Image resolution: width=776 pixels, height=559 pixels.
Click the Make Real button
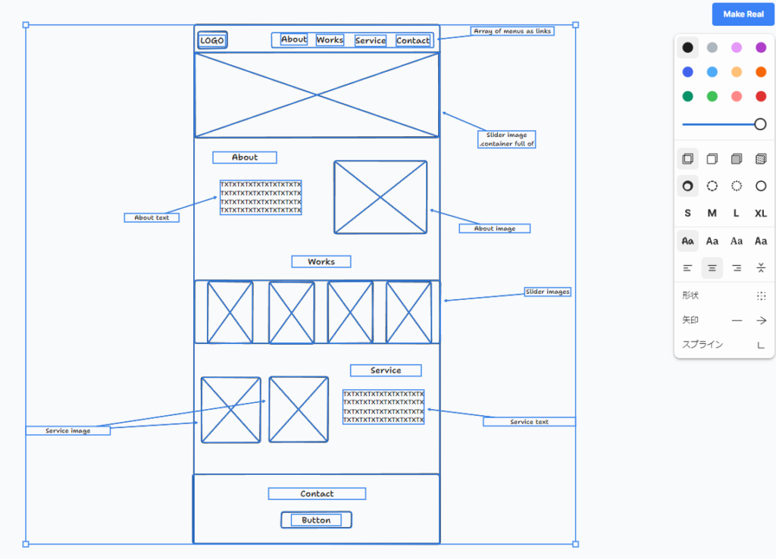click(x=743, y=14)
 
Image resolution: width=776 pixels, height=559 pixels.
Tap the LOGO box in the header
click(x=212, y=40)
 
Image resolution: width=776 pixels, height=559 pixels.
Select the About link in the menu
click(x=294, y=39)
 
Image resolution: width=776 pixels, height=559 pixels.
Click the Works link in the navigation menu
click(x=330, y=40)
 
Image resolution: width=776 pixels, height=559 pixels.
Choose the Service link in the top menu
click(x=371, y=41)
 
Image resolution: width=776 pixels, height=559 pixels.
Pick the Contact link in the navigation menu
click(x=413, y=41)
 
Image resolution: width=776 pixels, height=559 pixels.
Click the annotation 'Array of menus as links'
click(x=512, y=31)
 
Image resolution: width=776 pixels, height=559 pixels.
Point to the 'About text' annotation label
click(x=152, y=217)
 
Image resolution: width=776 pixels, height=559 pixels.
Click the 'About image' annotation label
click(x=494, y=228)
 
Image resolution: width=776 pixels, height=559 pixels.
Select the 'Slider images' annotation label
click(x=547, y=292)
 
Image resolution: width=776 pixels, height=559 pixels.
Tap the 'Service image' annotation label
click(x=68, y=430)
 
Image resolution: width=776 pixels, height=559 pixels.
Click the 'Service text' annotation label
click(x=529, y=421)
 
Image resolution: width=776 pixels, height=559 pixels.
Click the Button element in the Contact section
click(x=316, y=520)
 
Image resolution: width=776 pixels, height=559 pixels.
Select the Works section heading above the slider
click(x=321, y=261)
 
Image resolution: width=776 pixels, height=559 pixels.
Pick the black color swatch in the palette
click(x=687, y=48)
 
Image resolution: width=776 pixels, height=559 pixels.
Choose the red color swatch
click(x=761, y=96)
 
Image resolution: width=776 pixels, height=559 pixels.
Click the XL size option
click(x=761, y=214)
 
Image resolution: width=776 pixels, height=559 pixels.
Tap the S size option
click(x=687, y=214)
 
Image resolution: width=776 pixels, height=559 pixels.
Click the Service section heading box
click(x=386, y=370)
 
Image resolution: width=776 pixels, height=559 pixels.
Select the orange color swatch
click(x=761, y=72)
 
